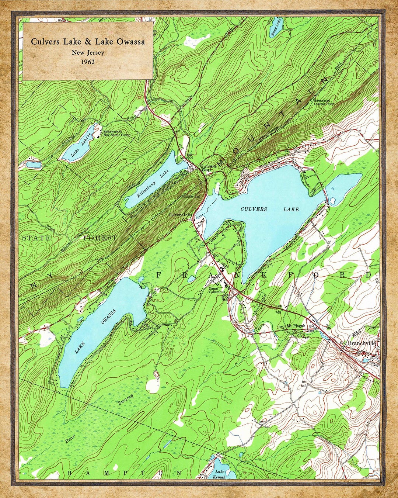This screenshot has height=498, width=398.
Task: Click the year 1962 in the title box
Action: (x=88, y=62)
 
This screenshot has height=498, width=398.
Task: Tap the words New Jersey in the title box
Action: (x=88, y=53)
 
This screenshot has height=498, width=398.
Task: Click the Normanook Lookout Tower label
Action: (x=324, y=102)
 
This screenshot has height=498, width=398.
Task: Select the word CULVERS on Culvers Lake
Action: (x=254, y=209)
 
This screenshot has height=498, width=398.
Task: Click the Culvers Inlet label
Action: (x=180, y=215)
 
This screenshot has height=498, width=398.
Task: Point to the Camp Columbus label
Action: (x=217, y=290)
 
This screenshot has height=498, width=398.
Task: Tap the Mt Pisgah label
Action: (x=296, y=326)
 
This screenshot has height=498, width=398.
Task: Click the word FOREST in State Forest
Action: (x=100, y=238)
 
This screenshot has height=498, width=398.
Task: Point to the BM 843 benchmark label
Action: (x=304, y=384)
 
